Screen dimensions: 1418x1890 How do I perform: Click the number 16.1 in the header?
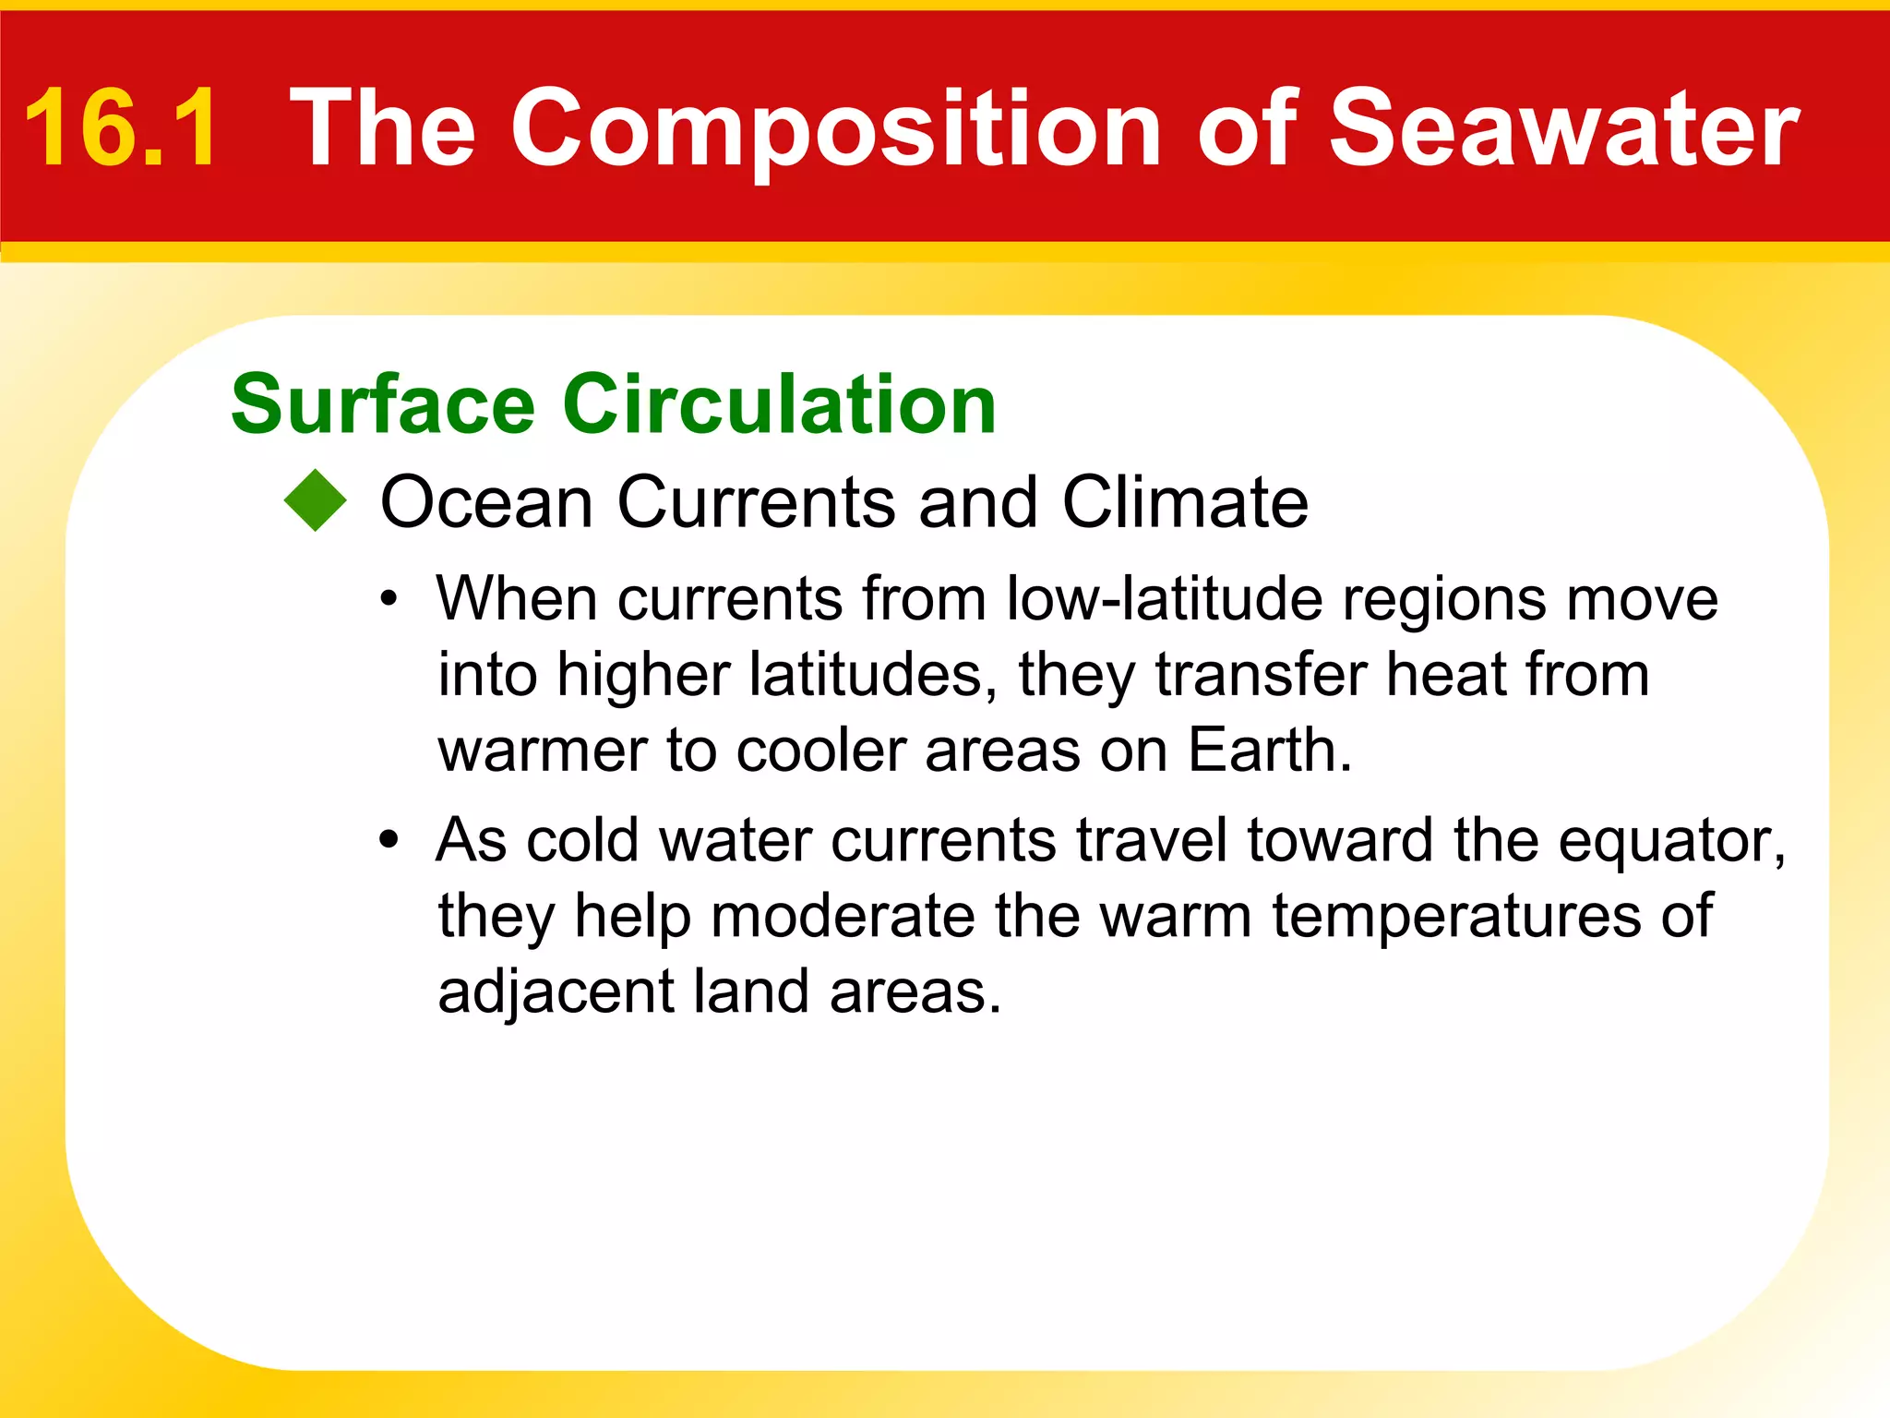point(122,127)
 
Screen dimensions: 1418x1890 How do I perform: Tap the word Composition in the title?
point(835,127)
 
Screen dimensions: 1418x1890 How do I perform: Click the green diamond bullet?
point(316,501)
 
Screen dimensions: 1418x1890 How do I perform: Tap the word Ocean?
point(486,502)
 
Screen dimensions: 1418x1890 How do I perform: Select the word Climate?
point(1185,502)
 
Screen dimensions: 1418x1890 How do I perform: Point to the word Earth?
point(1270,750)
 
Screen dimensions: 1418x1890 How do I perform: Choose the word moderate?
point(842,917)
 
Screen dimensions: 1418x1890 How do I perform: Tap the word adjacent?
point(556,993)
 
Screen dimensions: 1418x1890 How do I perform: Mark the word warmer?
point(542,751)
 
